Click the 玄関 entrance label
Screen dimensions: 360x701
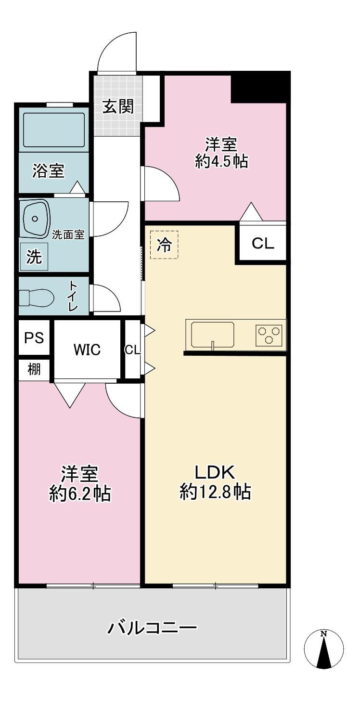pyautogui.click(x=118, y=106)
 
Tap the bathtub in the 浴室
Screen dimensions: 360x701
pyautogui.click(x=54, y=130)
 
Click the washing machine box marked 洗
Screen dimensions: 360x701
pyautogui.click(x=34, y=256)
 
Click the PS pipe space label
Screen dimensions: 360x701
pyautogui.click(x=34, y=338)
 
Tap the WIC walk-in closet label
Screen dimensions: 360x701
pyautogui.click(x=87, y=350)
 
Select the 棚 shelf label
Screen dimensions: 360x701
pyautogui.click(x=34, y=369)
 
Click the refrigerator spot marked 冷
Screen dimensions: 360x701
pyautogui.click(x=164, y=245)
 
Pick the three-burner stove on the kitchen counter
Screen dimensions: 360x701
pyautogui.click(x=269, y=335)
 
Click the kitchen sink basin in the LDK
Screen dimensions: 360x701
pyautogui.click(x=213, y=335)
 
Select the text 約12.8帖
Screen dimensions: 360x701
pyautogui.click(x=215, y=492)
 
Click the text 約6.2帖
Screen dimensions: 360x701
pyautogui.click(x=80, y=493)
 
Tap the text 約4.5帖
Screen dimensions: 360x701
pyautogui.click(x=221, y=161)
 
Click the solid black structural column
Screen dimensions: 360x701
pyautogui.click(x=260, y=87)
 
